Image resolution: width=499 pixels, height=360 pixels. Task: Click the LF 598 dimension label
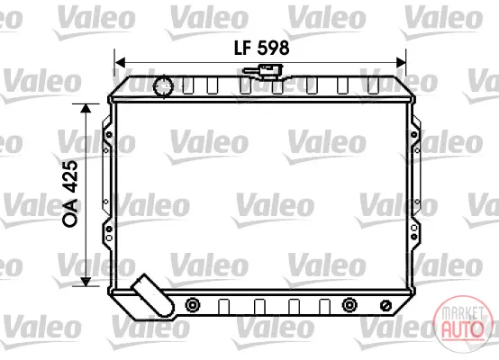tap(261, 48)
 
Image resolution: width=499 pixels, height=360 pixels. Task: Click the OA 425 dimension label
tap(70, 193)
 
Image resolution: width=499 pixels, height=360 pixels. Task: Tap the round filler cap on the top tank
tap(164, 85)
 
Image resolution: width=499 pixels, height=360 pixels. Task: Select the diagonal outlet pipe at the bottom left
tap(154, 295)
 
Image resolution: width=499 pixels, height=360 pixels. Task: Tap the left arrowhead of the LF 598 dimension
tap(120, 63)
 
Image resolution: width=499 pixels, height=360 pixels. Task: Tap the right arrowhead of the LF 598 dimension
tap(401, 63)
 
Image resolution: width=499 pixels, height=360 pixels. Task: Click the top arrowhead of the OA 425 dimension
tap(86, 108)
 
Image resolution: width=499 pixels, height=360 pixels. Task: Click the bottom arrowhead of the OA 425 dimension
tap(86, 282)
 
